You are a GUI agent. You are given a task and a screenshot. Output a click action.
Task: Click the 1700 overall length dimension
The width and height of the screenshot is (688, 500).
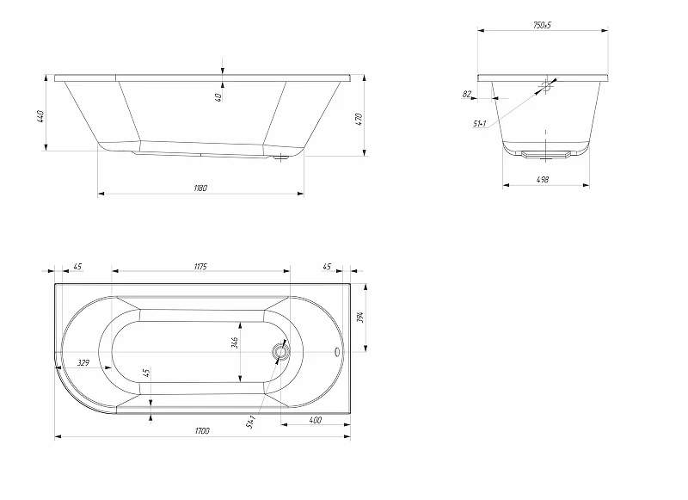202,430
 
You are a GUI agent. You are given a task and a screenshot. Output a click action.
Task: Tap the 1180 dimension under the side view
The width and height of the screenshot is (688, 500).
200,188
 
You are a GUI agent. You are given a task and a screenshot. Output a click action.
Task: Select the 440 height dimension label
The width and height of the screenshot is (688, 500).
40,116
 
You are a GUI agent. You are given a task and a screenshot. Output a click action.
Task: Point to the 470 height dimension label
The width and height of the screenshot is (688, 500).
359,120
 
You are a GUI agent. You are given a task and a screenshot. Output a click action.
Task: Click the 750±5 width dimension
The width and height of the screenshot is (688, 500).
542,25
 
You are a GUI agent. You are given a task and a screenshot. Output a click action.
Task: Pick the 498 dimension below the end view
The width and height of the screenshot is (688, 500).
543,179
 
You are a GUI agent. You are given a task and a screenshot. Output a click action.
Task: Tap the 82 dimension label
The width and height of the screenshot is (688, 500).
467,94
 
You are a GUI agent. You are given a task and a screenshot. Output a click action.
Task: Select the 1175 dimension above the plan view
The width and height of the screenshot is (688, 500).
200,267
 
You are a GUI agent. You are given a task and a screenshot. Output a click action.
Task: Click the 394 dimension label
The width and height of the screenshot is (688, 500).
360,317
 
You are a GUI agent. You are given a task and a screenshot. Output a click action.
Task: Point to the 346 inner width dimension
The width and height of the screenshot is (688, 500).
235,343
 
